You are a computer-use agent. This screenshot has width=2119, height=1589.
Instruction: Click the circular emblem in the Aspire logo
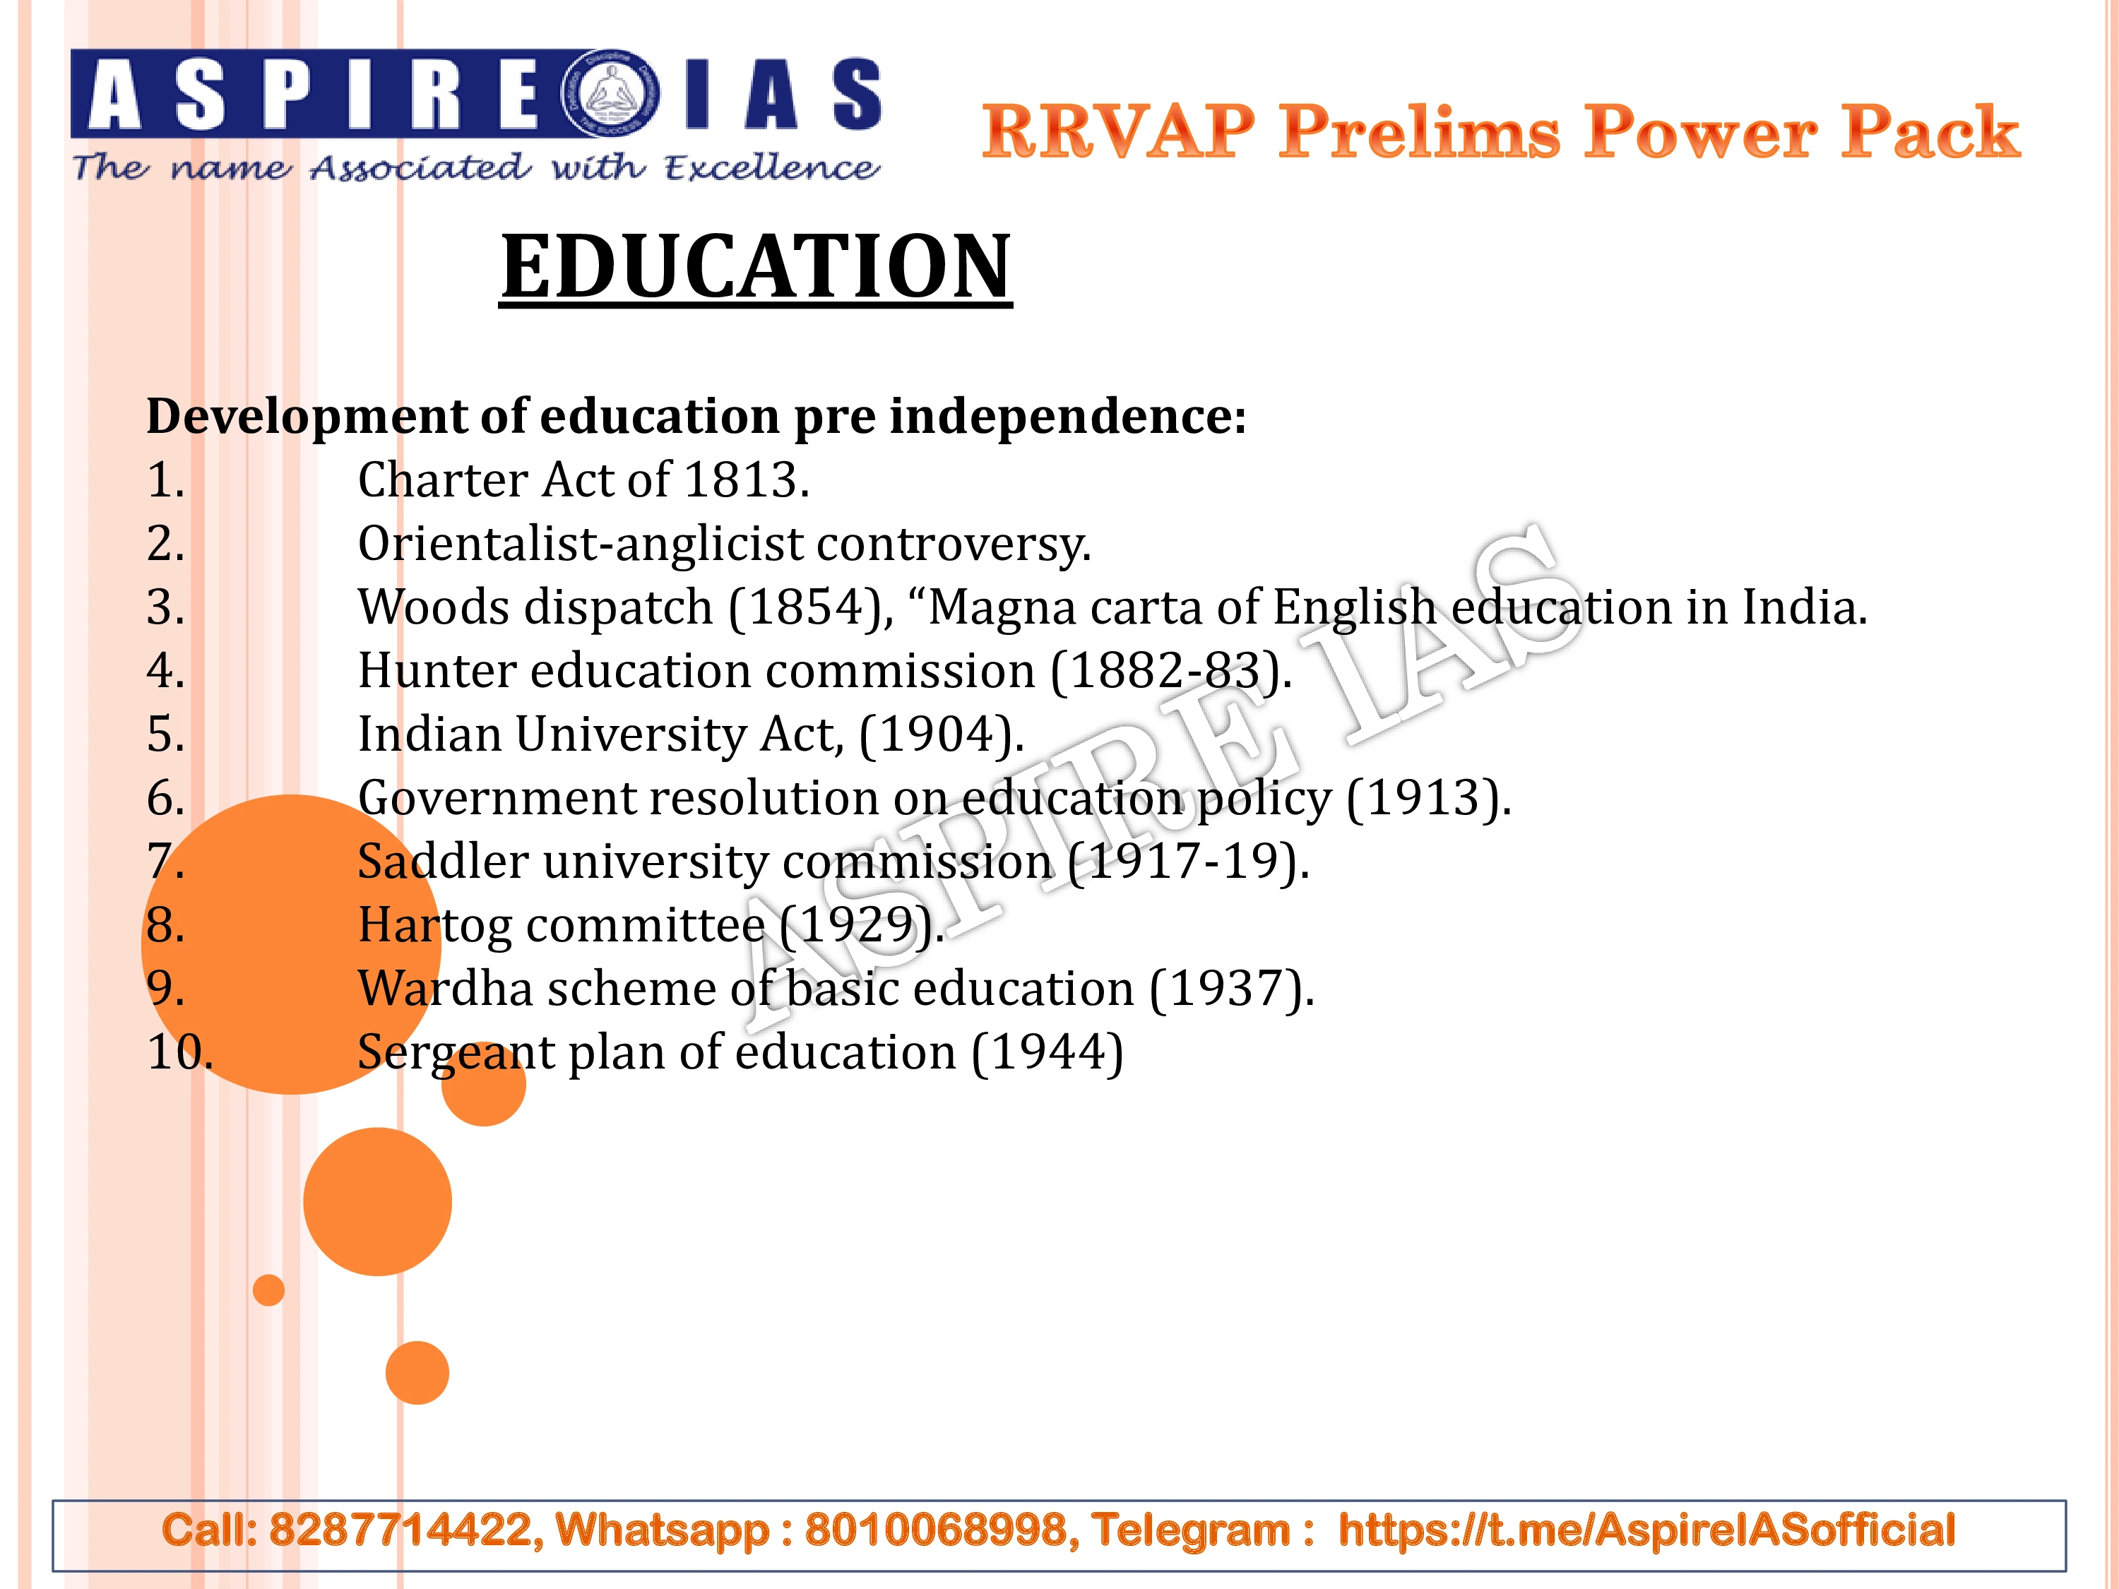pyautogui.click(x=610, y=94)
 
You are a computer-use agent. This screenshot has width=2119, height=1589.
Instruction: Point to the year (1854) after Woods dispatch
pyautogui.click(x=810, y=607)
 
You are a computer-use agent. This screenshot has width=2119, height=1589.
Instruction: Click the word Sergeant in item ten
pyautogui.click(x=456, y=1053)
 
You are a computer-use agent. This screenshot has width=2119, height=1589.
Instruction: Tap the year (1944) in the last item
pyautogui.click(x=1047, y=1053)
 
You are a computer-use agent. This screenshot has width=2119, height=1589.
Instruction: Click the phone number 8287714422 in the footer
pyautogui.click(x=400, y=1530)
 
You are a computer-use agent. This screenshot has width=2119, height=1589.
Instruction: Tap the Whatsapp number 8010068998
pyautogui.click(x=936, y=1530)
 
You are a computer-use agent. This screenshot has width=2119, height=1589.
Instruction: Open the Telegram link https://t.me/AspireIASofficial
pyautogui.click(x=1646, y=1530)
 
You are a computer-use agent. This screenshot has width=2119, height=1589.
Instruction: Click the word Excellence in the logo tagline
pyautogui.click(x=771, y=167)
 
